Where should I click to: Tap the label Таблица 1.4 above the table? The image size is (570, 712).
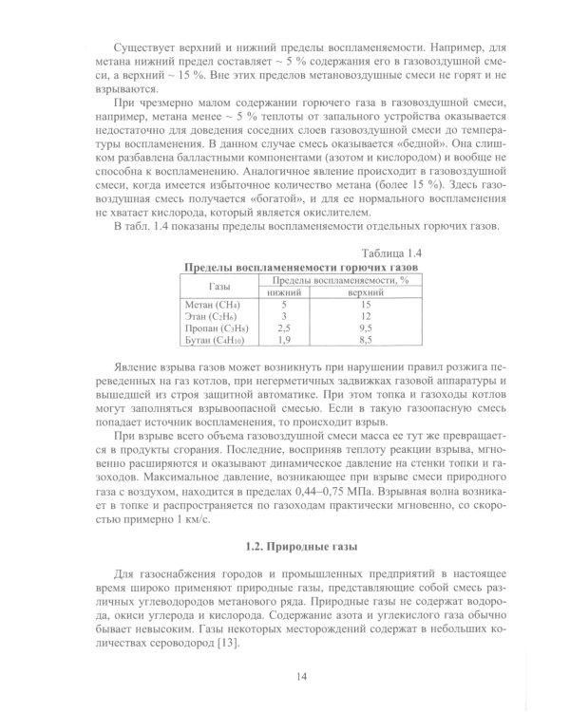pos(391,254)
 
